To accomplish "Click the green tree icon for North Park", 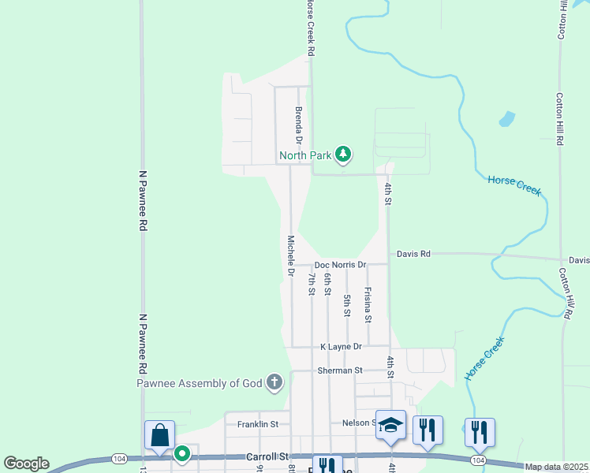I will (342, 154).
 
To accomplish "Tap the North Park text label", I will (305, 155).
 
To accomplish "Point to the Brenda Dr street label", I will (299, 125).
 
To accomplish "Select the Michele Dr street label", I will (290, 255).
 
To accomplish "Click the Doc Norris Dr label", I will (340, 265).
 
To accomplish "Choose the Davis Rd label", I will (413, 254).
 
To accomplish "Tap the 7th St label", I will (312, 281).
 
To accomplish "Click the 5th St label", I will (347, 304).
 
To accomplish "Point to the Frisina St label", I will (368, 304).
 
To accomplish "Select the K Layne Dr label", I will (341, 346).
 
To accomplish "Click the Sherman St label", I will (339, 370).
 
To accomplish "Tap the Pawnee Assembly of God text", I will (200, 383).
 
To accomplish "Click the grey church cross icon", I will (274, 383).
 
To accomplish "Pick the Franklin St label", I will (258, 423).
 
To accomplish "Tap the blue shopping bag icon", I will (159, 434).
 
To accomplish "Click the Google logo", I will (26, 464).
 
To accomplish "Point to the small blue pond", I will (506, 120).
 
